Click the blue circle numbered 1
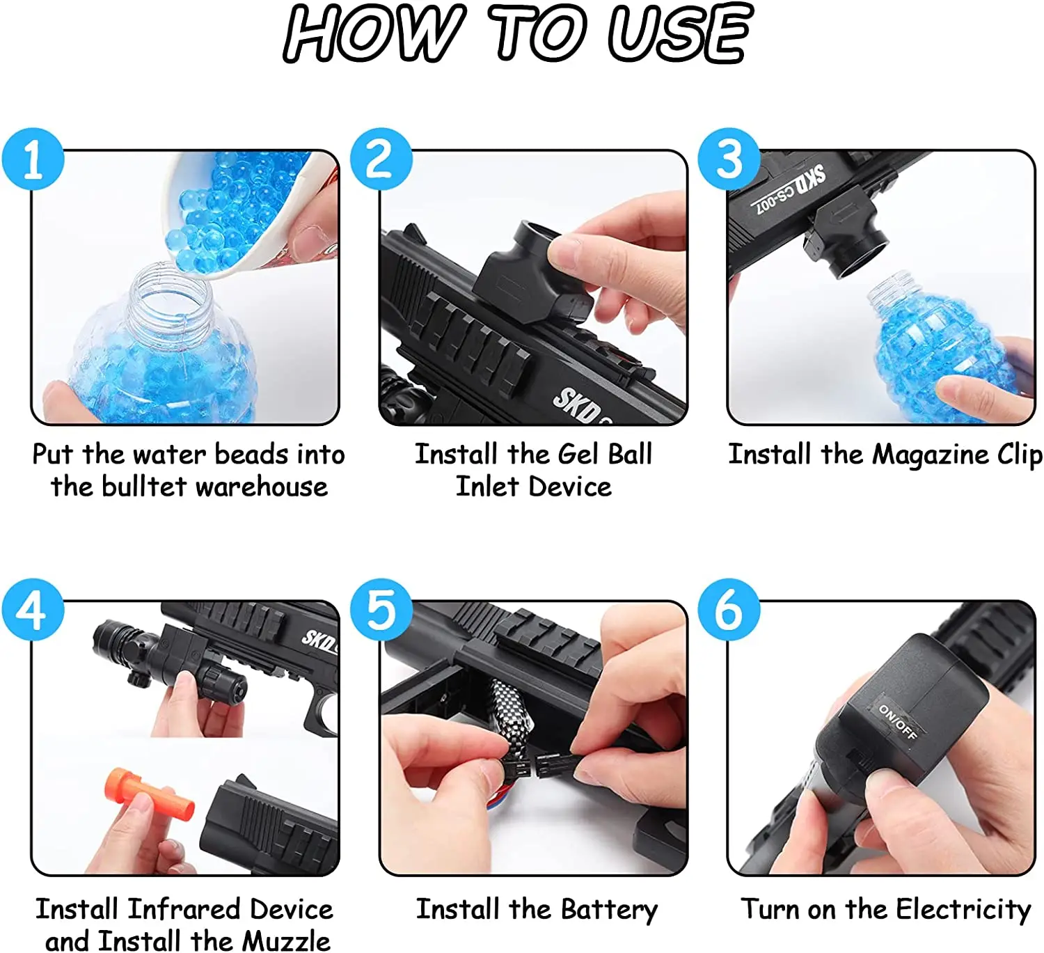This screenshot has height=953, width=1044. [33, 159]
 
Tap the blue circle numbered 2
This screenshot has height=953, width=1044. [381, 159]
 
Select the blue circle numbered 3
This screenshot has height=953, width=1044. [729, 159]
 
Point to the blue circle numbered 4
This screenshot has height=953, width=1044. [33, 609]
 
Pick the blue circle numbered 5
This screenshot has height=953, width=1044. [381, 609]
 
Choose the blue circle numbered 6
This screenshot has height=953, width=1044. [729, 609]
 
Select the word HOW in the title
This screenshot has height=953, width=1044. [373, 33]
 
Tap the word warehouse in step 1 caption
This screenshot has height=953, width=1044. [262, 487]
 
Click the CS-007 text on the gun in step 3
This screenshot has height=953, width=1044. [771, 200]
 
